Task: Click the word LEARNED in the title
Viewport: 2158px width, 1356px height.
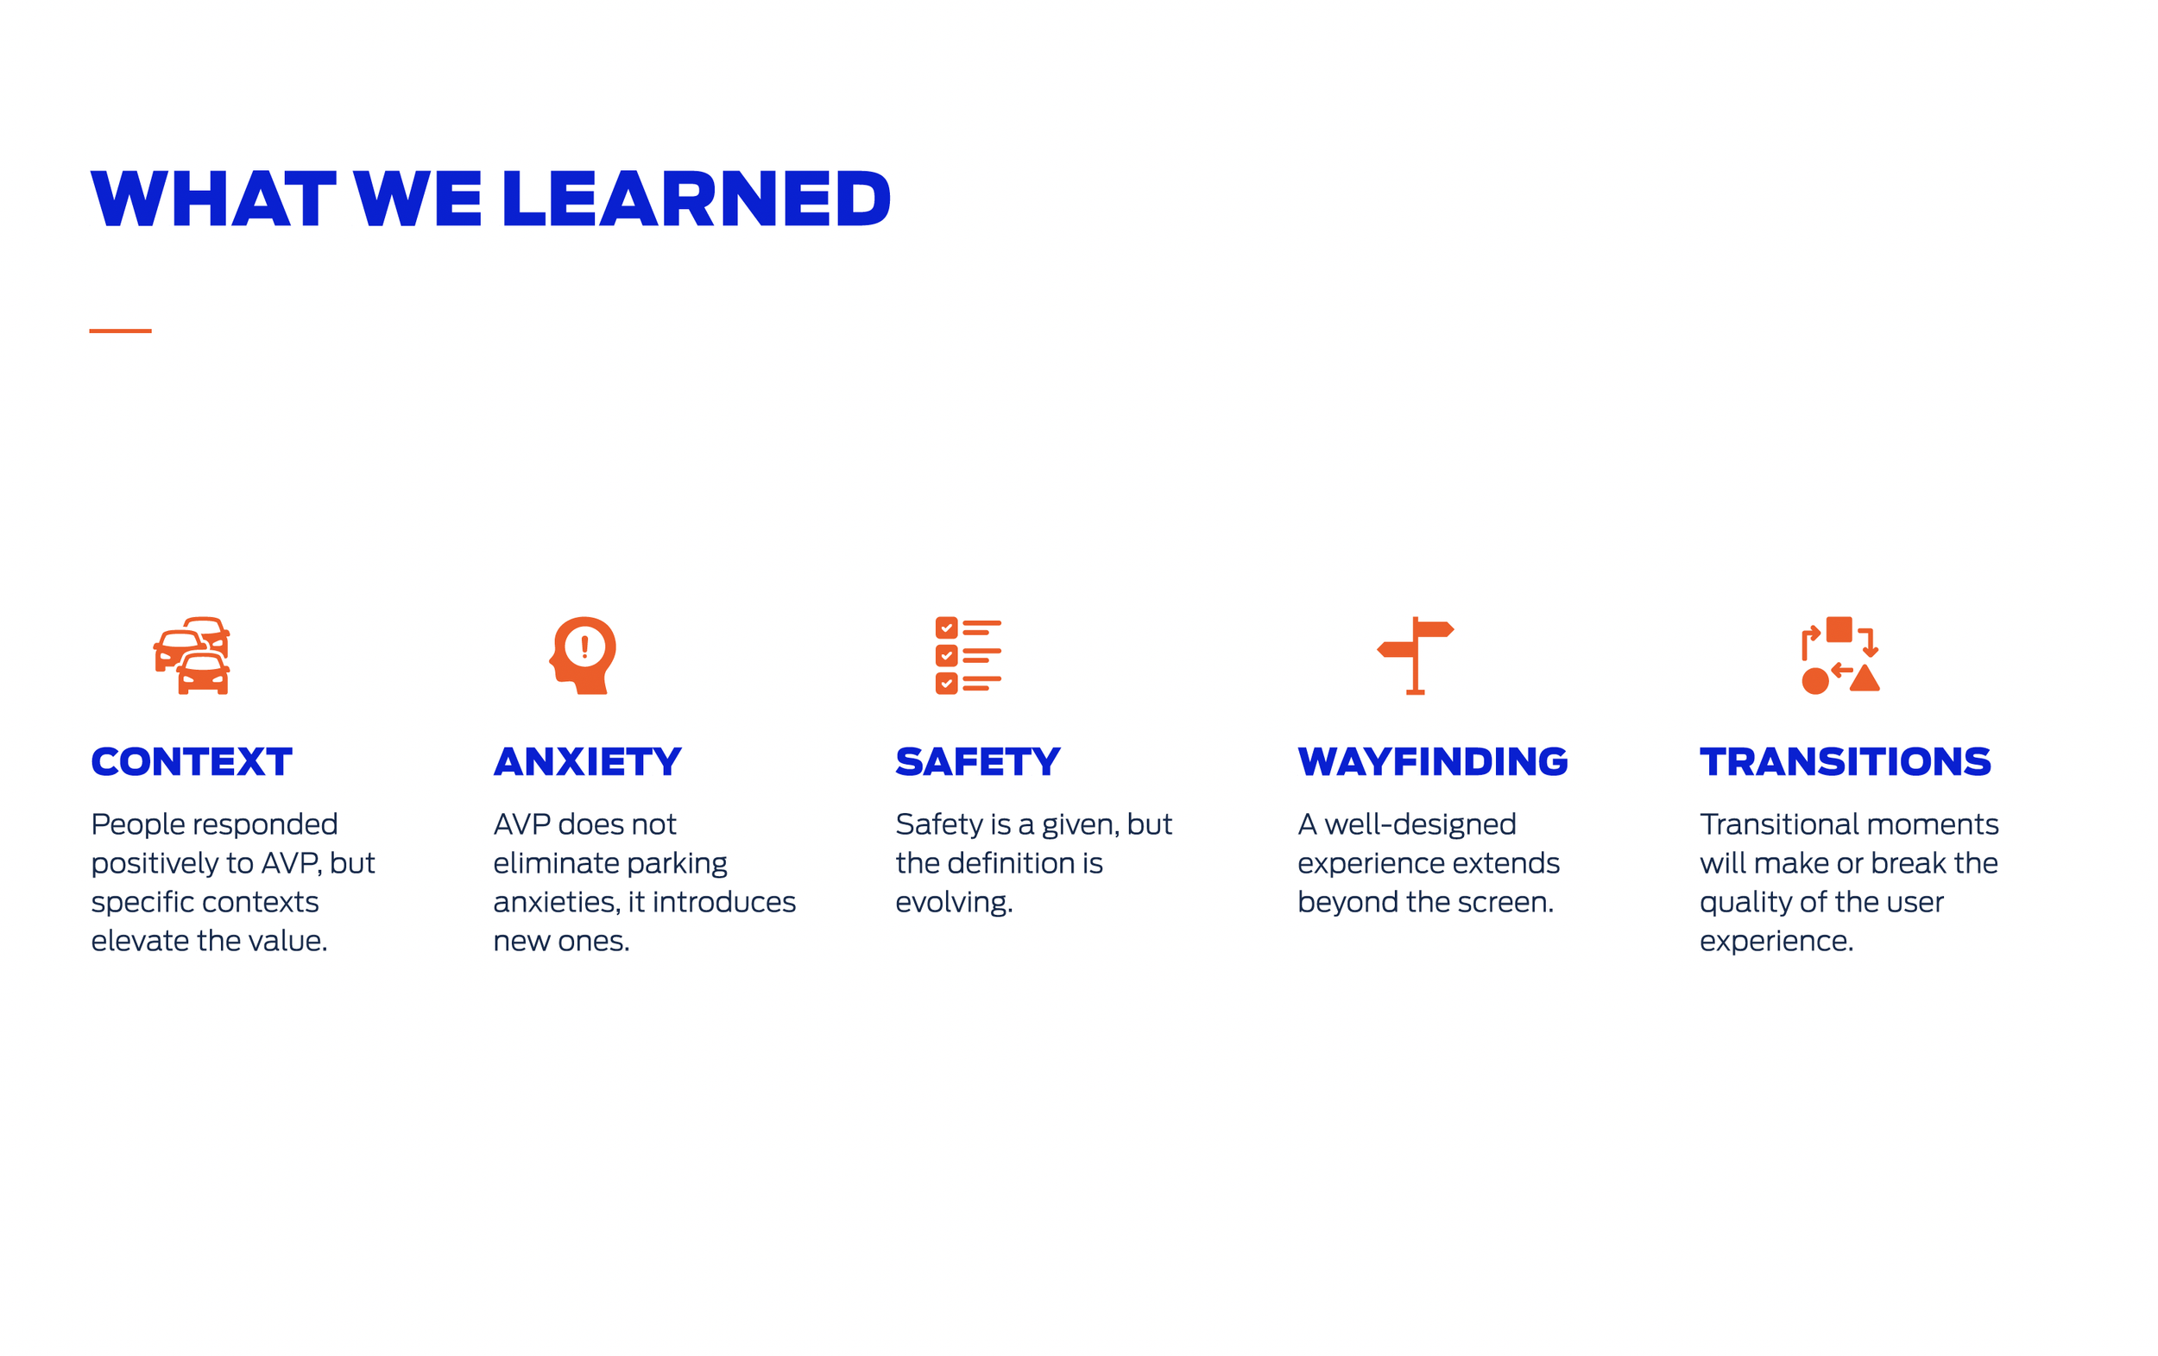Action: pyautogui.click(x=696, y=199)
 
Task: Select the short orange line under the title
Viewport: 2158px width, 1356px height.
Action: pyautogui.click(x=120, y=331)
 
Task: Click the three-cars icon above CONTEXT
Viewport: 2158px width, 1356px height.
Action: pyautogui.click(x=192, y=655)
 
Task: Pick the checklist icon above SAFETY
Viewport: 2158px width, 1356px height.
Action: pyautogui.click(x=968, y=655)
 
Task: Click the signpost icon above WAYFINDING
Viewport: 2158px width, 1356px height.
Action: pyautogui.click(x=1415, y=655)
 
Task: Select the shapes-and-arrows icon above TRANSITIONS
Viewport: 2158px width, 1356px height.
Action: pyautogui.click(x=1839, y=655)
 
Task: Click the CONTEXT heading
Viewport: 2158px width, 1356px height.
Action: pyautogui.click(x=192, y=762)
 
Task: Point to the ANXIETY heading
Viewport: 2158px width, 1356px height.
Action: pyautogui.click(x=588, y=762)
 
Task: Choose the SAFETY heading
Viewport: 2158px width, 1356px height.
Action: pyautogui.click(x=978, y=762)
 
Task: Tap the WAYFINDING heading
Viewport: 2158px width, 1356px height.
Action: pyautogui.click(x=1432, y=762)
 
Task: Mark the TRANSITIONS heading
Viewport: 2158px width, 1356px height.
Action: pyautogui.click(x=1845, y=762)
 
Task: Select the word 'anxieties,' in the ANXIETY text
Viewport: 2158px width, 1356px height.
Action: pyautogui.click(x=557, y=903)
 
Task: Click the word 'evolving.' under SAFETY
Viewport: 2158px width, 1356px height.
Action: pyautogui.click(x=954, y=903)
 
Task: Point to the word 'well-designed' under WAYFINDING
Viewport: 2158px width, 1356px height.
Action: pyautogui.click(x=1420, y=824)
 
